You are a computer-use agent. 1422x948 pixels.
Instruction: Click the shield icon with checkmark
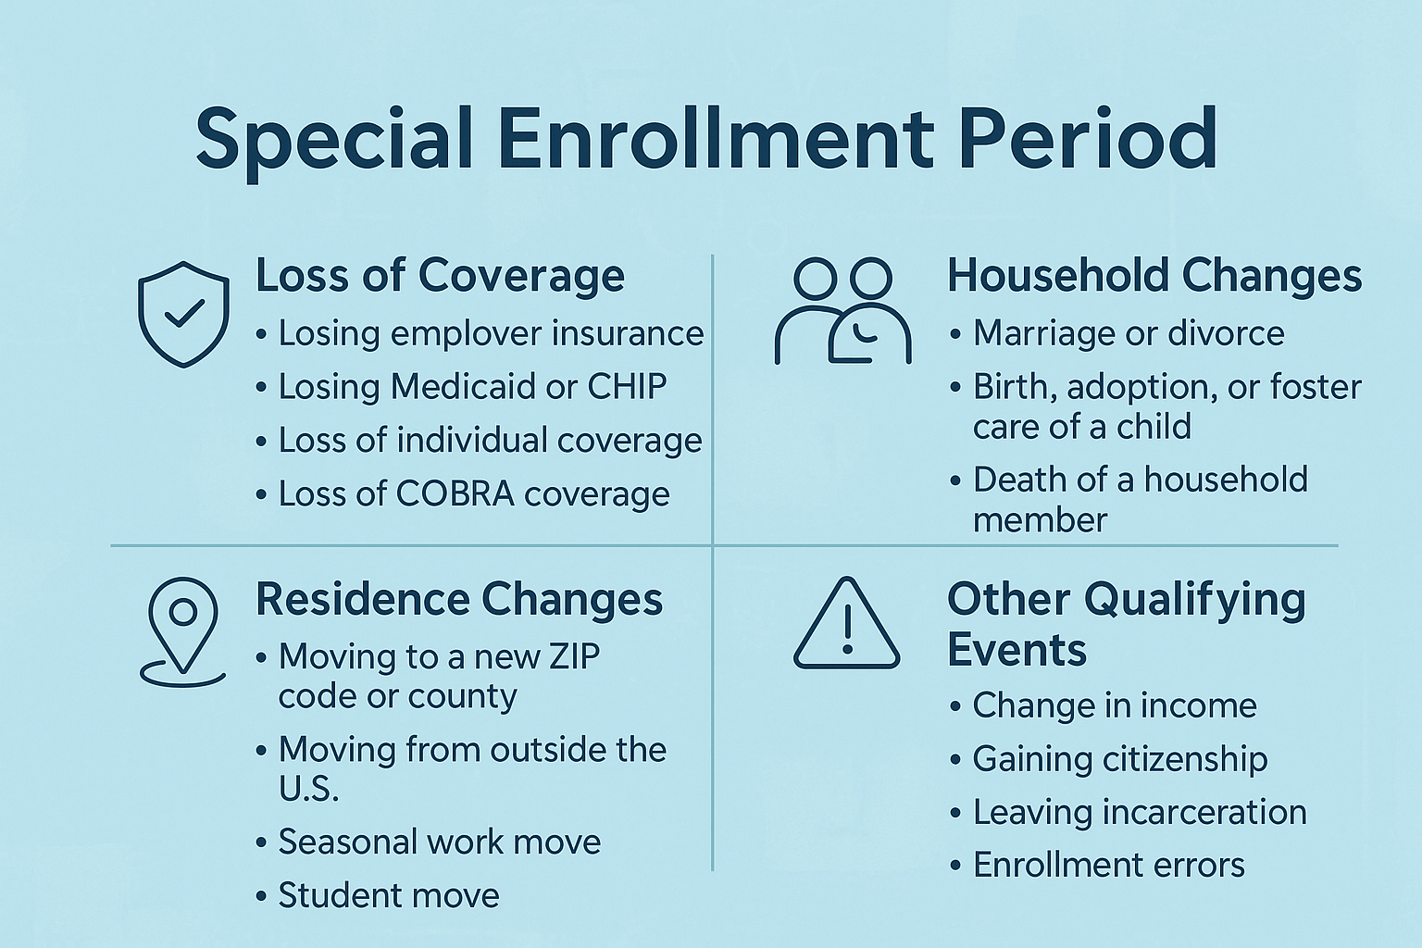point(183,314)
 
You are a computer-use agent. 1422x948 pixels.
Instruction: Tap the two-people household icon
point(842,311)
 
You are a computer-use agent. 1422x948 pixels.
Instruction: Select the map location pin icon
point(183,632)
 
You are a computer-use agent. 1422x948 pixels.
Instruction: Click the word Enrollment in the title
point(717,138)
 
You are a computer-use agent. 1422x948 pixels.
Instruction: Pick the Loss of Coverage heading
point(440,276)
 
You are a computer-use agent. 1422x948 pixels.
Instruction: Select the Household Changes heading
point(1154,276)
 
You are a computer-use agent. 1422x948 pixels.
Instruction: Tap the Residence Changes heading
point(459,599)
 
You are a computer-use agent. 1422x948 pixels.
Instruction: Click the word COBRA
point(455,494)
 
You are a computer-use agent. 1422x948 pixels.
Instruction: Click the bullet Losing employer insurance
point(491,333)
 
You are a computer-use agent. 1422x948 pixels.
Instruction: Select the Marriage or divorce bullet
point(1128,333)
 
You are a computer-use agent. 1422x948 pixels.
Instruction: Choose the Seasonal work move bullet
point(440,842)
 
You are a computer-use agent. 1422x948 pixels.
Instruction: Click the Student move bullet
point(389,896)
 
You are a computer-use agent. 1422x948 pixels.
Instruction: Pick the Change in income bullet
point(1115,706)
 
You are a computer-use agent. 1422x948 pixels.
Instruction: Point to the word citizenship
point(1188,759)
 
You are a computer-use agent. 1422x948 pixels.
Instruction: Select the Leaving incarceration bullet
point(1140,813)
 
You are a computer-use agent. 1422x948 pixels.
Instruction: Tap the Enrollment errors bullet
point(1109,866)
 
